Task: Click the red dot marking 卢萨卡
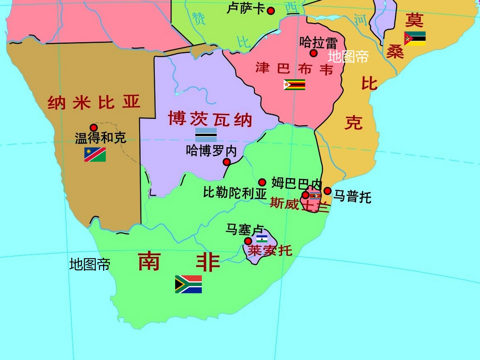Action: point(271,11)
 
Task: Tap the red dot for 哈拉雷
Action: point(314,53)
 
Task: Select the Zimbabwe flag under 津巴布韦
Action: point(294,85)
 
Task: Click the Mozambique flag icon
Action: point(415,38)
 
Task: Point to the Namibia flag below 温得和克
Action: point(95,155)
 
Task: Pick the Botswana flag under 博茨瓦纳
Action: point(206,135)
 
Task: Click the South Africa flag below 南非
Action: point(188,284)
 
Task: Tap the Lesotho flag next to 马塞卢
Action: point(262,239)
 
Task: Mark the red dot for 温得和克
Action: point(94,128)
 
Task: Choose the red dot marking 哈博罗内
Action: point(227,162)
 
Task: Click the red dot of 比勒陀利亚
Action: point(262,182)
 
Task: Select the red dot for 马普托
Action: point(328,191)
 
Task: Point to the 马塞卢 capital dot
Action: point(248,241)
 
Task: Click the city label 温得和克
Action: point(101,138)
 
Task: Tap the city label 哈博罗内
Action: point(211,151)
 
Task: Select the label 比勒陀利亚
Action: point(235,193)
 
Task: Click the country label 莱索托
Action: point(270,250)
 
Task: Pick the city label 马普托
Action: point(352,196)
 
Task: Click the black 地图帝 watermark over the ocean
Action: point(90,264)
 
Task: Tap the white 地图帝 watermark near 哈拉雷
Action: point(348,56)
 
